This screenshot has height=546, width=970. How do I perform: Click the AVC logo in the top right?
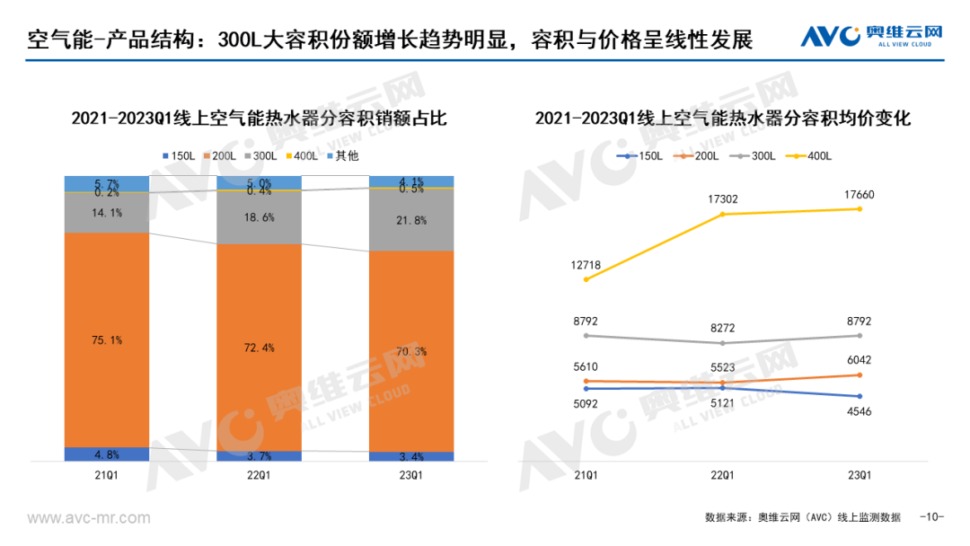[x=871, y=36]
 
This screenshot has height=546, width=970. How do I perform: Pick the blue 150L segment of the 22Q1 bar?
[x=259, y=456]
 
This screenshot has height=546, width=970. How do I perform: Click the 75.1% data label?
[x=106, y=339]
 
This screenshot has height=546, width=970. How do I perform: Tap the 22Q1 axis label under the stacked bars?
[x=259, y=474]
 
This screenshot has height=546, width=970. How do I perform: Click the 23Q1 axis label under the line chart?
[x=860, y=474]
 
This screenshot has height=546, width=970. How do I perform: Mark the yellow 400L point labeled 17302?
[x=723, y=214]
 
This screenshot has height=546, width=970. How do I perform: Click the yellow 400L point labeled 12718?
[x=586, y=279]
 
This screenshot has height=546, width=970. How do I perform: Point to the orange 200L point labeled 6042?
[x=860, y=374]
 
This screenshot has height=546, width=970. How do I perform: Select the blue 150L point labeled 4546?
[x=860, y=396]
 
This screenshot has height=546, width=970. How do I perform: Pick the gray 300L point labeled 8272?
[x=723, y=343]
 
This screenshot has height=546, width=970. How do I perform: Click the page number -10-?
[x=932, y=517]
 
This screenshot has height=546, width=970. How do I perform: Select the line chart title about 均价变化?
[x=723, y=119]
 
